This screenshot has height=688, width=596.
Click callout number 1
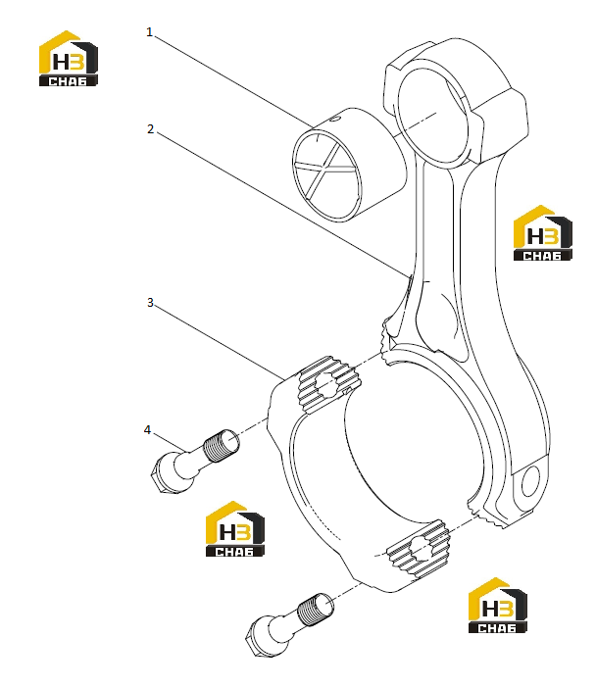150,32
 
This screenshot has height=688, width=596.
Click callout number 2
151,129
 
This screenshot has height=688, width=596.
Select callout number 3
150,302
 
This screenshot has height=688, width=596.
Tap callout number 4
147,429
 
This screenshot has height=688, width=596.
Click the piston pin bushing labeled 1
349,164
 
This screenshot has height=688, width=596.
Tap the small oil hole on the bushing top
335,118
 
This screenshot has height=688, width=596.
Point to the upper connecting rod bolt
195,462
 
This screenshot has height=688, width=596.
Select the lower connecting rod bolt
289,625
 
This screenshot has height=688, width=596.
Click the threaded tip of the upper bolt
223,445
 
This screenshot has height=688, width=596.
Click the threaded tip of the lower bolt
316,609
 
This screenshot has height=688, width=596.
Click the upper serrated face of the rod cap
329,384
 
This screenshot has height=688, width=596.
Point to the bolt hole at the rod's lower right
530,481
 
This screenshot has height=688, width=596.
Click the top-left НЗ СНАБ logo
69,59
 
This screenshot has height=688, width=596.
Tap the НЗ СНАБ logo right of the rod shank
543,233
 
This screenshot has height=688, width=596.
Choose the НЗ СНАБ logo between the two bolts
235,529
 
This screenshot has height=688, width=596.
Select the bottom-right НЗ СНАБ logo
498,606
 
